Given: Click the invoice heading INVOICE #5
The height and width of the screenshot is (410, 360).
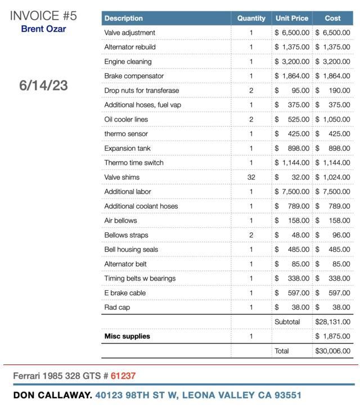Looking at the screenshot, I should pos(43,15).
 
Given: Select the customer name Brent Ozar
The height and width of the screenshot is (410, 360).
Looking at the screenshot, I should pos(43,29).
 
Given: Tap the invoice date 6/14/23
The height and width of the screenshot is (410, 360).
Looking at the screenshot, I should pos(43,85).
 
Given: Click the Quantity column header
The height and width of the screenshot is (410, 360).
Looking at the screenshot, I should pos(251,19).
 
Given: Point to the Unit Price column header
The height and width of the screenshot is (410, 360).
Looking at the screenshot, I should pos(291,19).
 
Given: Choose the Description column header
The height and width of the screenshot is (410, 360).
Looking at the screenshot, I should pos(124,19).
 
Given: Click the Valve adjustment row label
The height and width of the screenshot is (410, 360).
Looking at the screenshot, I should pos(130,33).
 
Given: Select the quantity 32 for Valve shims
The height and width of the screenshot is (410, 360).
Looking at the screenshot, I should pos(251,177).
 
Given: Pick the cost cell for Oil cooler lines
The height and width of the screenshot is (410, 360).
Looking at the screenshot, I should pos(332,119).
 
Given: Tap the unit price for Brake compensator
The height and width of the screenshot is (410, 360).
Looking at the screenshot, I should pos(292,76).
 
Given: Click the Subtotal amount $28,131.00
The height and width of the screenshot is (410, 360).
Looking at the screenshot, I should pos(332,322).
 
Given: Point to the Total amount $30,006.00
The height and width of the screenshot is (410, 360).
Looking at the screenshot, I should pos(332,351).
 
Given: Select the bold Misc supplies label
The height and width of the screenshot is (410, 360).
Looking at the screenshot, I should pos(127,336).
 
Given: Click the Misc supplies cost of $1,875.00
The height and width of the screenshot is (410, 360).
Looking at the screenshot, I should pos(332,336).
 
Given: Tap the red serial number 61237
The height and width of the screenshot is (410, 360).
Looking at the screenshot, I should pos(123,376).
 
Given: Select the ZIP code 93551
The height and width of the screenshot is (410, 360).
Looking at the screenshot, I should pos(288,395).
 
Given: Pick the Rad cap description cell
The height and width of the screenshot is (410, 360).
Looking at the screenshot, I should pos(117,308).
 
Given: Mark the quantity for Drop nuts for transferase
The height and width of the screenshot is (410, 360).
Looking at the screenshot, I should pos(251,91).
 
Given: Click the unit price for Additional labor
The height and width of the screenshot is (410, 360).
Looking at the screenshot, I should pos(292,192).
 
